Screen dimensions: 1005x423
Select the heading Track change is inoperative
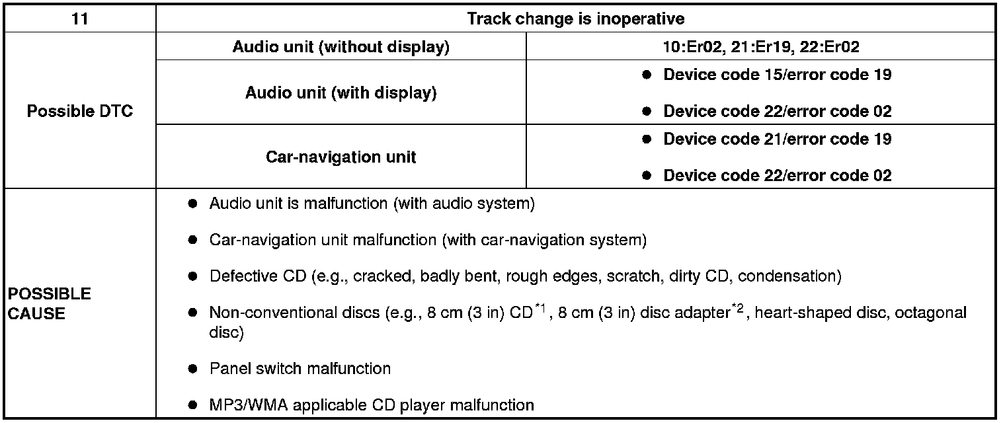point(575,19)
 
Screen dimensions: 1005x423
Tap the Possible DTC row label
point(79,111)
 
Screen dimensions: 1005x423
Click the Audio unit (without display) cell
point(341,48)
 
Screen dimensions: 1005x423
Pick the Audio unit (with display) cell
point(341,93)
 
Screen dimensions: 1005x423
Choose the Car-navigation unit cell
point(341,157)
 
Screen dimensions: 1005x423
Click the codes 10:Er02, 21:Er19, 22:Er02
point(760,48)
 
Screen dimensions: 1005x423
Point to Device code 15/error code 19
point(777,75)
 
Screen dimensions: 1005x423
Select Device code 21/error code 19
point(777,139)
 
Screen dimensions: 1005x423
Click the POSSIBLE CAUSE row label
point(50,303)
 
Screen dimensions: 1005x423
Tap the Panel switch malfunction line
point(300,368)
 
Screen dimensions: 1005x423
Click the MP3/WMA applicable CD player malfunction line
point(371,404)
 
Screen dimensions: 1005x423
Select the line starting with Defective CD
point(525,276)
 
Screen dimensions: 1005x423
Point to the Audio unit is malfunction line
point(372,204)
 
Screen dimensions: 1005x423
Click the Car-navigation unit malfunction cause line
point(427,240)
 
